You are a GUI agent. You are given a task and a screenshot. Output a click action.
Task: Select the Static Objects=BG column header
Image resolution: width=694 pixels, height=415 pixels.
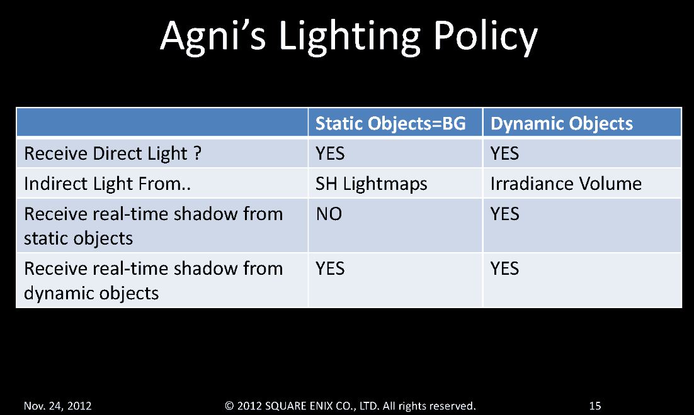[390, 123]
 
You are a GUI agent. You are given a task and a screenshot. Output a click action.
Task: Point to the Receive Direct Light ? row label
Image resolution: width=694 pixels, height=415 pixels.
[113, 153]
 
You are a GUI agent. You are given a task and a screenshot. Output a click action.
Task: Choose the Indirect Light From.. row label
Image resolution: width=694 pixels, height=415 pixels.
[107, 184]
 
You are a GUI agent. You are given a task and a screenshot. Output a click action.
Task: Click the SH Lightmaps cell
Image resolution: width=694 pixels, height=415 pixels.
[372, 184]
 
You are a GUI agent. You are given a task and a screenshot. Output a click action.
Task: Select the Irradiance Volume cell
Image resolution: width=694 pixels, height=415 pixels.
[566, 184]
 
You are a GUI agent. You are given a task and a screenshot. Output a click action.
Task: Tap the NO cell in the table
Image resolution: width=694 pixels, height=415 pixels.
[329, 214]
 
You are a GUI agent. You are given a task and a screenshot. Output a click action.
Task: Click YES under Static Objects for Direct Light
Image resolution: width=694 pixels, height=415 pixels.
[330, 153]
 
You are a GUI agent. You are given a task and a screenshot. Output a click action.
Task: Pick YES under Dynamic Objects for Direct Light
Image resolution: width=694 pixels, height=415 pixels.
[504, 153]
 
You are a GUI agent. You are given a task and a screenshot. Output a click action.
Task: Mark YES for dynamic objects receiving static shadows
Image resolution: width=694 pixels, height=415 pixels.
[504, 214]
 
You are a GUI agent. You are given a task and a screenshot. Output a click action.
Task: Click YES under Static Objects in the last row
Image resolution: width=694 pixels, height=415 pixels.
[330, 268]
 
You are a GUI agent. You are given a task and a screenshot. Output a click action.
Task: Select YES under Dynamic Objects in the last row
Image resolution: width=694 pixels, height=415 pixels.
[504, 268]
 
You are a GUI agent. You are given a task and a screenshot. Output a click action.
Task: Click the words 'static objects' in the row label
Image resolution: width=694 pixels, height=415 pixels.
[78, 238]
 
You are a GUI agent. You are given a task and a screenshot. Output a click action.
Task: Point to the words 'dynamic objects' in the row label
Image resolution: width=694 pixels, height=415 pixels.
[91, 294]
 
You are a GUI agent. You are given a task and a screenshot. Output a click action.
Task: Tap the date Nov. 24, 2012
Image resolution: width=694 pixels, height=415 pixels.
[57, 406]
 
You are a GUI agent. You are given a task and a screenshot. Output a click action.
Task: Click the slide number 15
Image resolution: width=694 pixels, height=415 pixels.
[595, 406]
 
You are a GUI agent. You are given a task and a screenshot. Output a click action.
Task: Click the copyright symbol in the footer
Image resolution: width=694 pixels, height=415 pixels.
[229, 406]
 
